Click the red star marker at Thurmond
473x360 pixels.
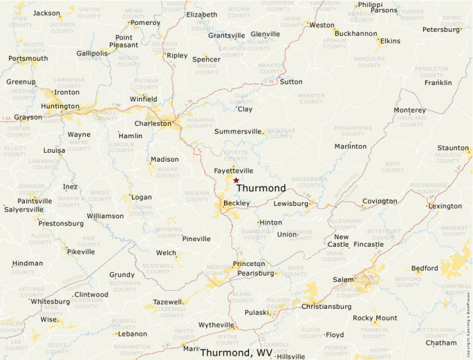[x=236, y=180]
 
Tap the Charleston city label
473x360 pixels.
[x=152, y=124]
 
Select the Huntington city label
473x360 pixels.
[x=60, y=106]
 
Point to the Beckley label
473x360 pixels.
[x=236, y=203]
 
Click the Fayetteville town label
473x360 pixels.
[x=234, y=171]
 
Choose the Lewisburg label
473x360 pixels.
[x=290, y=204]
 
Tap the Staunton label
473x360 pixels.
[x=453, y=148]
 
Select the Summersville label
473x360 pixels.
[x=239, y=131]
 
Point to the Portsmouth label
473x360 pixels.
[x=28, y=59]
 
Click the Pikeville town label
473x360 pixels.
[x=80, y=252]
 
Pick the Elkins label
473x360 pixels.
[x=390, y=41]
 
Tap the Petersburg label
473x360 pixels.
[x=441, y=30]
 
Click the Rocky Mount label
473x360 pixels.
[x=375, y=318]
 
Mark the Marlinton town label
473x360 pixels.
[x=351, y=146]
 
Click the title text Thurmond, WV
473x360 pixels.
[x=236, y=353]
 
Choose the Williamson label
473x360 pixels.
[x=105, y=216]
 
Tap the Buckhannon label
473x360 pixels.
[x=355, y=33]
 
